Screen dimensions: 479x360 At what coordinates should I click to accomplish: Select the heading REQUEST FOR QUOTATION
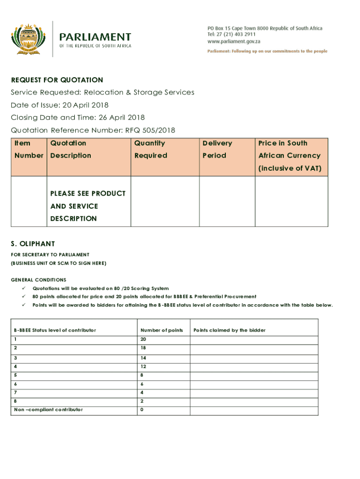coord(57,80)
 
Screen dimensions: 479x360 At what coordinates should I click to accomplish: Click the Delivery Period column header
coord(217,149)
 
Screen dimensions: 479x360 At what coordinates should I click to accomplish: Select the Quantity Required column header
coord(150,149)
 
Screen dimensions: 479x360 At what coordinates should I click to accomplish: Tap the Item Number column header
coord(29,149)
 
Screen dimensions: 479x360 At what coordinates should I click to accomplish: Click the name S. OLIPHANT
coord(33,244)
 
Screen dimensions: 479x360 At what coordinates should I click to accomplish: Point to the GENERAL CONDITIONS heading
coord(38,280)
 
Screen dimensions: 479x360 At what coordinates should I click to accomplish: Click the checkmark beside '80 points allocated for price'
coord(23,297)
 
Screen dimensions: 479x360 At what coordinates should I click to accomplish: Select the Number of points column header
coord(161,330)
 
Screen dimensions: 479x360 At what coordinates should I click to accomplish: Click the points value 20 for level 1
coord(143,339)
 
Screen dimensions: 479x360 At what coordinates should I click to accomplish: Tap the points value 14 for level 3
coord(143,358)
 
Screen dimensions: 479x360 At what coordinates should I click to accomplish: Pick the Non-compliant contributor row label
coord(49,410)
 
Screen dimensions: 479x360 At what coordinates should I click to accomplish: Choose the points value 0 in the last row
coord(142,410)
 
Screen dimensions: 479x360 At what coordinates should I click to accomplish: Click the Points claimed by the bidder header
coord(230,330)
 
